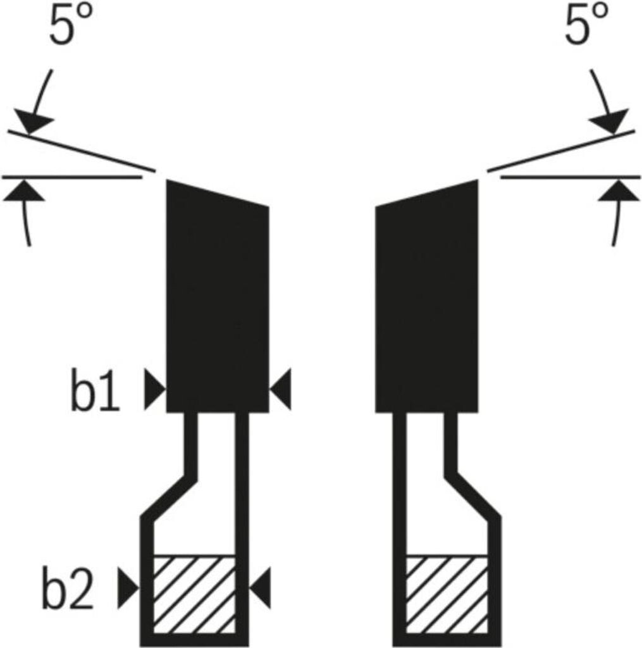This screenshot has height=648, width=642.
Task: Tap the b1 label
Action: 95,394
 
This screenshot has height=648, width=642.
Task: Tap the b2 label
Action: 68,590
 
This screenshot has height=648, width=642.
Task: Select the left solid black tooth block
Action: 217,304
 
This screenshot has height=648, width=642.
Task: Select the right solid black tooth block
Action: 427,304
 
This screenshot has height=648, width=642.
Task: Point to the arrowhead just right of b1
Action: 154,389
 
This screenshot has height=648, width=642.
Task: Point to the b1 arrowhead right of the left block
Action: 282,389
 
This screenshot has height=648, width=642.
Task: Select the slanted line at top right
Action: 560,151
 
